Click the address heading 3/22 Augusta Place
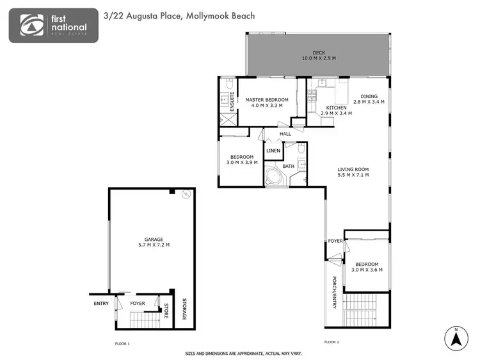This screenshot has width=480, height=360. [179, 15]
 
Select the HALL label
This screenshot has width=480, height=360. [285, 134]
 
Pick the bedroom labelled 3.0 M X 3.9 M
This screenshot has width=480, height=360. [242, 160]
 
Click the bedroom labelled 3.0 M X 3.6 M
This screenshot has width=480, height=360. [367, 266]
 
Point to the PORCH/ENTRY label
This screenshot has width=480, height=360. [333, 292]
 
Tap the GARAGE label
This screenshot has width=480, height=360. [154, 241]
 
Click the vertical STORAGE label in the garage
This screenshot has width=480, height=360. [185, 309]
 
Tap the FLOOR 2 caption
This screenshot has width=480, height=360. [331, 342]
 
